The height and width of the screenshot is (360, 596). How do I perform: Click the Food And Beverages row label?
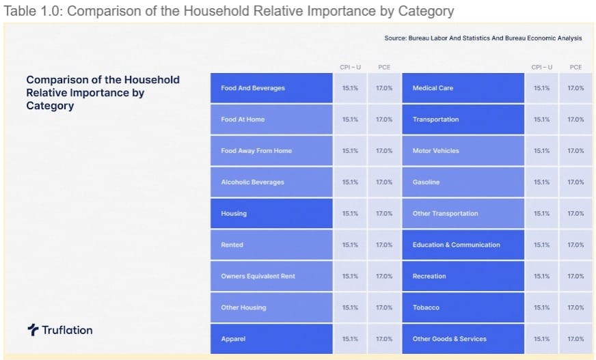point(253,88)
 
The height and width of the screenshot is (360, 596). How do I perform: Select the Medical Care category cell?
point(433,88)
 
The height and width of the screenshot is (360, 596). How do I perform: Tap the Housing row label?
point(234,214)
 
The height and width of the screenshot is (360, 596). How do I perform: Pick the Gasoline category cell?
point(426,182)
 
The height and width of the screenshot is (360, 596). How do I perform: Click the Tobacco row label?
point(426,307)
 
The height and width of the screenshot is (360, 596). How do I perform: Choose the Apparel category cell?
point(233,339)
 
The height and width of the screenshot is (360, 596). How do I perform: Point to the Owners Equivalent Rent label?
point(258,276)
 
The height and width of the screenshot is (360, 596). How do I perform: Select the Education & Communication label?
point(456,245)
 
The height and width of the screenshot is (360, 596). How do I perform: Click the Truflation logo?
point(60,330)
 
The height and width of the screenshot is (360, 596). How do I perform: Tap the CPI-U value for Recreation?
point(541,276)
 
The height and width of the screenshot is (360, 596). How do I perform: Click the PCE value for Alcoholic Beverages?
point(384,182)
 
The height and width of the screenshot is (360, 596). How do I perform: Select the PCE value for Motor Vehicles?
point(575,151)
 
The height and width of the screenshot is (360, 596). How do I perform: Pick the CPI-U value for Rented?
point(350,245)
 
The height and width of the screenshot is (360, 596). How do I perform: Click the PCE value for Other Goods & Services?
point(575,339)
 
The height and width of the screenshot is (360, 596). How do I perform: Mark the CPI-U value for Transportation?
point(541,120)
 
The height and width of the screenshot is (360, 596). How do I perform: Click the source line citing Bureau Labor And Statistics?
point(483,38)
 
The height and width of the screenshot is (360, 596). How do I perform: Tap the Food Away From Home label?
point(256,151)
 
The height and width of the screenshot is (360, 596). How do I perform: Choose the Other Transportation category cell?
point(445,214)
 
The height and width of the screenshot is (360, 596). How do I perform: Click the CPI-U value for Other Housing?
point(350,307)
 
